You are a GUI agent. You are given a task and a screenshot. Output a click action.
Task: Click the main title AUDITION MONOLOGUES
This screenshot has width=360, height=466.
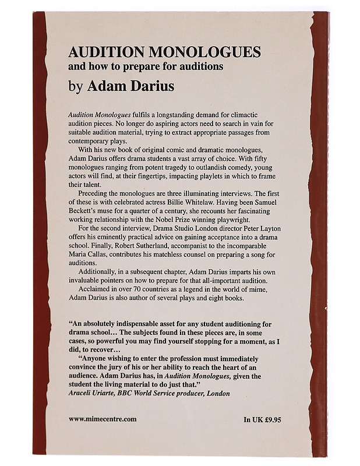click(164, 52)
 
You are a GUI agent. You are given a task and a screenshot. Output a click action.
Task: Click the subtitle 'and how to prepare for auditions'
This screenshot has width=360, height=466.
click(146, 66)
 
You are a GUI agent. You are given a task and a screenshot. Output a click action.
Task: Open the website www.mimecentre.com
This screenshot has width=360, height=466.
click(102, 419)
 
